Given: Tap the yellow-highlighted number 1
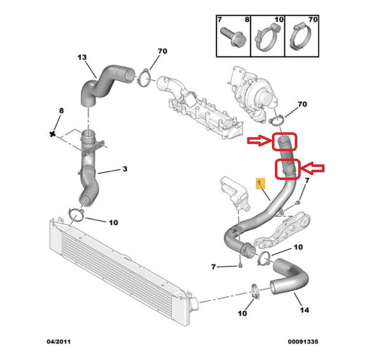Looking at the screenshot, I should [260, 183].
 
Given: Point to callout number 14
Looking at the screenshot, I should [305, 310].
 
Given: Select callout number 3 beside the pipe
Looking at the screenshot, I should [125, 169].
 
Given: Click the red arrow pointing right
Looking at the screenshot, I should [259, 140].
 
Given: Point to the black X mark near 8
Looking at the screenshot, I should [52, 134].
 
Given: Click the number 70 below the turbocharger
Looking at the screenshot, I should [301, 105].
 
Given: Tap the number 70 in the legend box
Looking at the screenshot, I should [312, 20].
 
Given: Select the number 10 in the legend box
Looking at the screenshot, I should [279, 20].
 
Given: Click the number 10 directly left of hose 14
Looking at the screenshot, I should [242, 314].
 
